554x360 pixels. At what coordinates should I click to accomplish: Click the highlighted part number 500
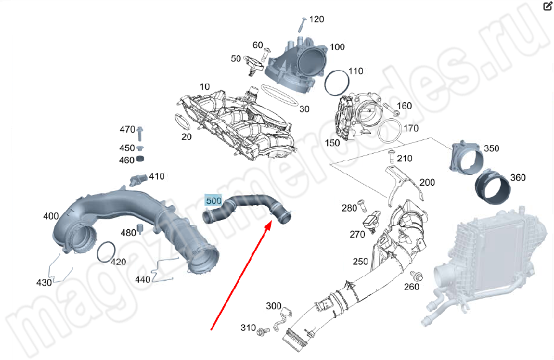click(x=214, y=201)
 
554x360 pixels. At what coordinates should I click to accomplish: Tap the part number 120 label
click(x=316, y=19)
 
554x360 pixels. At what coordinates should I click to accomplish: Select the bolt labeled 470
click(x=141, y=132)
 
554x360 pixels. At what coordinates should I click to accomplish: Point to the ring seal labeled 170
click(x=389, y=131)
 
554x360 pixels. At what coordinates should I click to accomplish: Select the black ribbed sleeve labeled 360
click(x=490, y=187)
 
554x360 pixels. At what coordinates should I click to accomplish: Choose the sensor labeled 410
click(x=138, y=180)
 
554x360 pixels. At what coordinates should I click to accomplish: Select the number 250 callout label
click(x=361, y=261)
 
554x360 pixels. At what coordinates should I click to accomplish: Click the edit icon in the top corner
click(x=547, y=7)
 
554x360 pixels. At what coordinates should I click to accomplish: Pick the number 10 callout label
click(x=204, y=86)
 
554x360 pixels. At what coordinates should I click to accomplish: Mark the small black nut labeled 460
click(x=141, y=160)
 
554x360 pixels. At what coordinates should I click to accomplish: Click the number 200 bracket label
click(x=427, y=183)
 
